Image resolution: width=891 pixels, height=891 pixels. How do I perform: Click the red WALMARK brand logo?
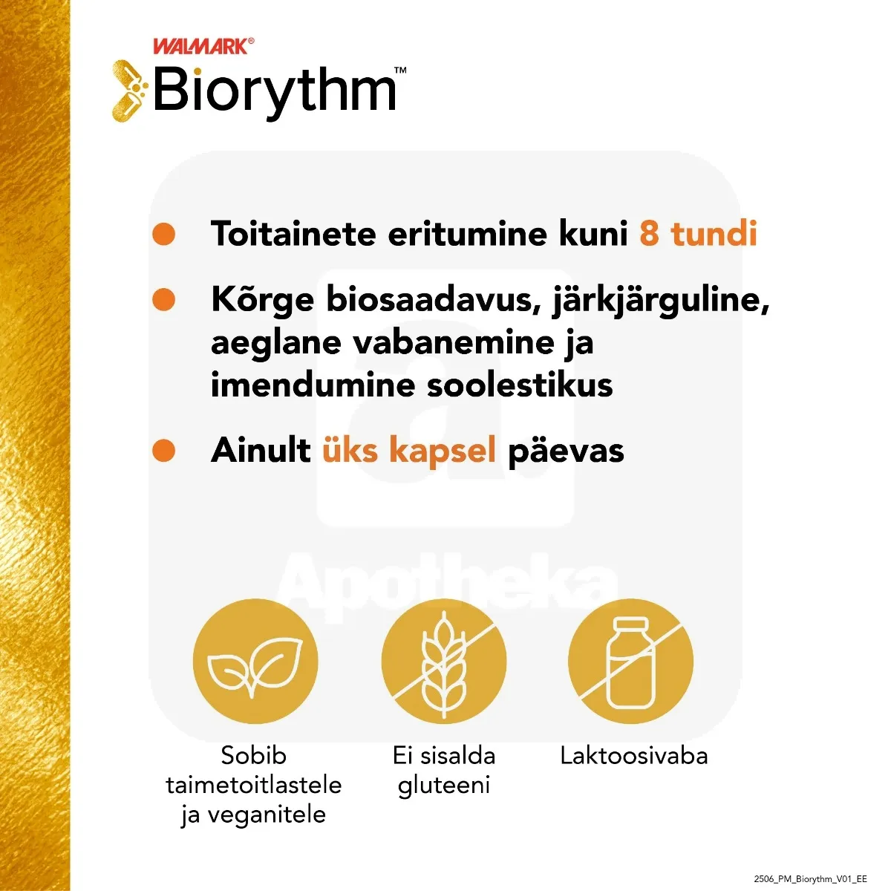201,47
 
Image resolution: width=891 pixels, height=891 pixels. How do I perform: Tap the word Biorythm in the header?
275,91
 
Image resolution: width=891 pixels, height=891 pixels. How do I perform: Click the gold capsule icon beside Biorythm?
129,91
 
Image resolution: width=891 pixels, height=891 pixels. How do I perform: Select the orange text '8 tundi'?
698,234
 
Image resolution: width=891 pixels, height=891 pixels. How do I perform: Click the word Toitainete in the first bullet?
293,234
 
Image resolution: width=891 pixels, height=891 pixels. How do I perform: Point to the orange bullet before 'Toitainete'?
163,234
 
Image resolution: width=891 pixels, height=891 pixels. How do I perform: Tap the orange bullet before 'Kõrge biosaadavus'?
163,300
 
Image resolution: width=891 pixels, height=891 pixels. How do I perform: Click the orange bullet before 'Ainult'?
163,450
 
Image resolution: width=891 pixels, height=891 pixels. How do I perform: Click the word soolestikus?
520,385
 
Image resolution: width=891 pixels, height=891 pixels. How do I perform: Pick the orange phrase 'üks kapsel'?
408,450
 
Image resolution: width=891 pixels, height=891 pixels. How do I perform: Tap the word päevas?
566,451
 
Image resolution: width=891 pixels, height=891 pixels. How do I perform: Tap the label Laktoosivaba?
633,756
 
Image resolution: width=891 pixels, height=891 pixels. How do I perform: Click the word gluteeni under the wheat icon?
444,786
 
